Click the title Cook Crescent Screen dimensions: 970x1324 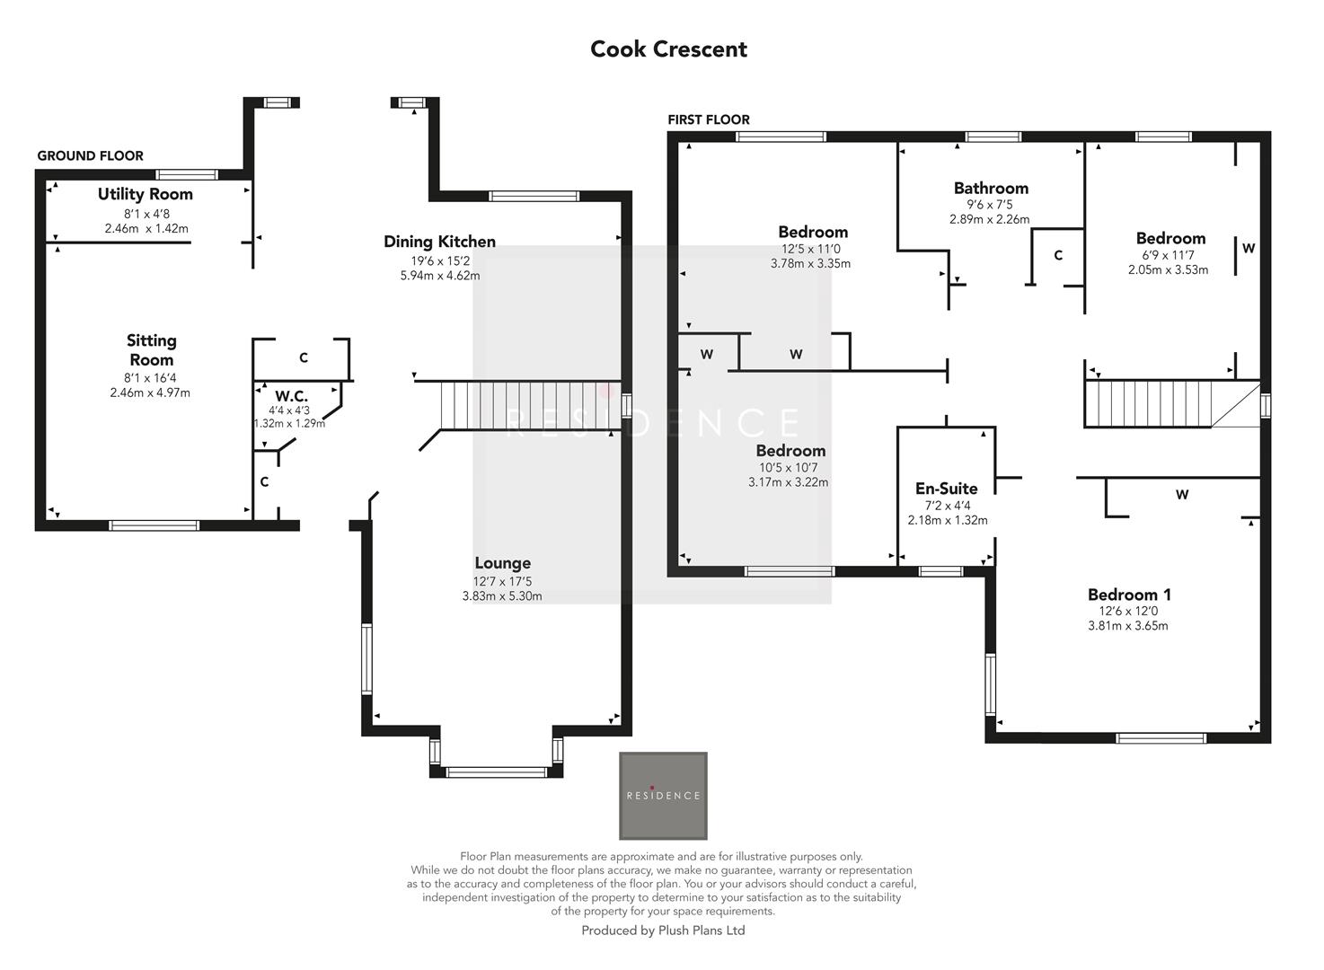(668, 49)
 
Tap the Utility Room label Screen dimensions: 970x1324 (146, 194)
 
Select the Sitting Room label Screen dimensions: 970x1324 (151, 350)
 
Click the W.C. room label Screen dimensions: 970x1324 (291, 396)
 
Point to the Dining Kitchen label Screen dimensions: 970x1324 (439, 242)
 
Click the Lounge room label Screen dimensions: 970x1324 (502, 563)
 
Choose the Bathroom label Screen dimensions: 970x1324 (991, 189)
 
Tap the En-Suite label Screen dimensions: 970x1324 (946, 489)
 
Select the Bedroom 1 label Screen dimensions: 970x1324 (1129, 595)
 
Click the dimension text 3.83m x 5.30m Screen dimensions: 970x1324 (502, 596)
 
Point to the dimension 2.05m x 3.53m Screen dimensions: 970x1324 (1168, 269)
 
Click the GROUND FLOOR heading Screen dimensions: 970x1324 (90, 156)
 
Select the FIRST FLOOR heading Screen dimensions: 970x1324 (708, 119)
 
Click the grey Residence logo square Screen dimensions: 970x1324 (663, 796)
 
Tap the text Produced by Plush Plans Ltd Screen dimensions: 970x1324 (663, 930)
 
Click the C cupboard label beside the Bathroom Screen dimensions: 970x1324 (1058, 256)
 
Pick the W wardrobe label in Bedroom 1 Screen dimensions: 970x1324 (1182, 495)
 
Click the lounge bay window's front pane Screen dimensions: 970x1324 (496, 772)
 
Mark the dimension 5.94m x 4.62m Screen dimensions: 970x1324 (439, 276)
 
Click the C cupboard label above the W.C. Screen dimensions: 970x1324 (304, 358)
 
